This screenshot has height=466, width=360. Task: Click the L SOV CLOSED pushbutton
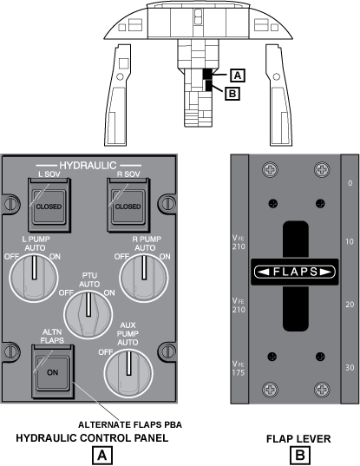49,206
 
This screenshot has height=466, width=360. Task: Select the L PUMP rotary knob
34,279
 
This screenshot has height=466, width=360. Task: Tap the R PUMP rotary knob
144,279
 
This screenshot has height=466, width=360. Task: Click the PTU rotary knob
88,315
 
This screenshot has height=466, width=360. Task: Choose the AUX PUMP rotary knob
128,374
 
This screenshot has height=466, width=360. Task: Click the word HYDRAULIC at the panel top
88,166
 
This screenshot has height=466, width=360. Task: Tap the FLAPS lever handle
295,272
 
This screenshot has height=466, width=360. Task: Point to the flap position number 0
350,183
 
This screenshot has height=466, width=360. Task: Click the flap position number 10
350,241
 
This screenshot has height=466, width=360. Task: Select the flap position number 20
350,305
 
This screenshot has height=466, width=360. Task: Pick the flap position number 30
350,368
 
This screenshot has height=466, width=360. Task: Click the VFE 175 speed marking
239,368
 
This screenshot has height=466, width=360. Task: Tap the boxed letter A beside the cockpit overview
238,75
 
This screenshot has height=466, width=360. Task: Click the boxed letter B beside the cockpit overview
232,94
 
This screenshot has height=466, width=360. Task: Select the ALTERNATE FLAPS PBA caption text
130,424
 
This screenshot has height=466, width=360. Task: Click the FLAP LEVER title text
298,438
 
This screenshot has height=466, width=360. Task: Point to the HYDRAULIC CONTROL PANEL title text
92,437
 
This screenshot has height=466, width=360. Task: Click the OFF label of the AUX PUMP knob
106,352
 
